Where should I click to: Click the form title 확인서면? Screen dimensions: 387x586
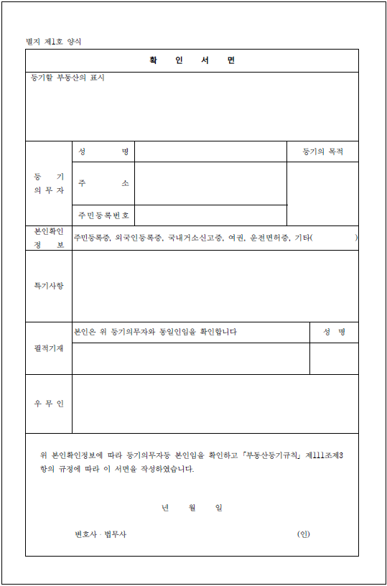[192, 60]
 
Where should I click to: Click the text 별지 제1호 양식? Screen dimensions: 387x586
[54, 41]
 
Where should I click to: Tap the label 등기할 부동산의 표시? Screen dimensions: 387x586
[67, 78]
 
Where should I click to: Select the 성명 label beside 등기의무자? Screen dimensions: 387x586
[104, 152]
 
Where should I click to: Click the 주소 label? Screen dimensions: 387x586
[104, 183]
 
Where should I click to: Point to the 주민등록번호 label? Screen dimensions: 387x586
[104, 215]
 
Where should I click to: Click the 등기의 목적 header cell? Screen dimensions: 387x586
[322, 152]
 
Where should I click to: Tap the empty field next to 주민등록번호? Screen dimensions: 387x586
[210, 215]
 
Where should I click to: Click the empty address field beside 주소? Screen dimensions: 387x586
[210, 183]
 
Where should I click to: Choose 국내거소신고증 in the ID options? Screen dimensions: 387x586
[195, 238]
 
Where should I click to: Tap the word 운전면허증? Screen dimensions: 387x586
[269, 238]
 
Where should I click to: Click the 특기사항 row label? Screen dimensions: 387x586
[49, 286]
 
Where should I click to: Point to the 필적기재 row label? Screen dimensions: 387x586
[49, 348]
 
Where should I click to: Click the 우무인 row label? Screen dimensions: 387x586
[49, 404]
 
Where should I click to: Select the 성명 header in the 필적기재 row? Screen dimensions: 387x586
[334, 332]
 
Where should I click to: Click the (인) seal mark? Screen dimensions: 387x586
[303, 534]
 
